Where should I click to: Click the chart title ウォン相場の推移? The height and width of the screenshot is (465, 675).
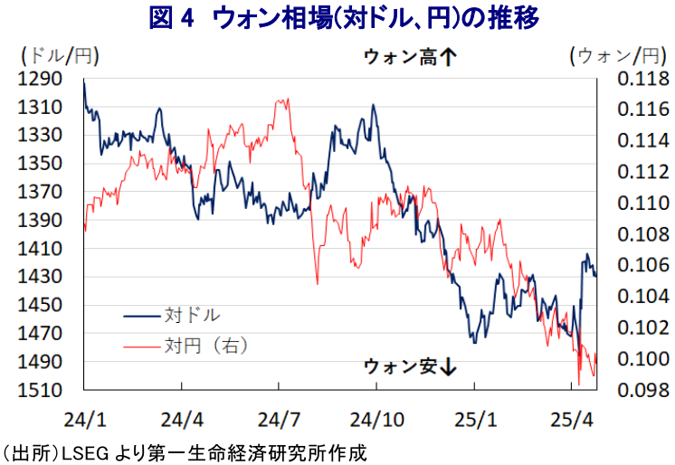click(344, 18)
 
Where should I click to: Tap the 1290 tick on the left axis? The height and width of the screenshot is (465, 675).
click(40, 79)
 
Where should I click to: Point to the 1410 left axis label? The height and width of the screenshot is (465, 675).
click(40, 249)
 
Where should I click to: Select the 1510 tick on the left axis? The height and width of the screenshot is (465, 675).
click(40, 391)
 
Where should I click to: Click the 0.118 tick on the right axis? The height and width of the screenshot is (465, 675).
click(643, 79)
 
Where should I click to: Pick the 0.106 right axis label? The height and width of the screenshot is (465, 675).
click(643, 265)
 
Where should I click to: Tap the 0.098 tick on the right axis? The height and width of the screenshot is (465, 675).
click(643, 390)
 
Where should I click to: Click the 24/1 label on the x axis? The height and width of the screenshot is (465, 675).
click(85, 420)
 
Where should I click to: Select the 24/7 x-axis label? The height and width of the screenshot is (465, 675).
click(279, 420)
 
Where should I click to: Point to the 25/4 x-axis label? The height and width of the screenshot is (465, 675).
click(572, 420)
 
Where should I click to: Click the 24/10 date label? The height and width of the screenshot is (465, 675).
click(377, 420)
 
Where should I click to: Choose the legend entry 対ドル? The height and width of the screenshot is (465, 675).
click(172, 316)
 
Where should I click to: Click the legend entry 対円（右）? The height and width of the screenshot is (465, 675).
click(185, 346)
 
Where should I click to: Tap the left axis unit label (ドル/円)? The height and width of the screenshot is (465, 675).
click(60, 56)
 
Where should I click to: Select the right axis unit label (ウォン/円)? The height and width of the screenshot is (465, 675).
click(619, 56)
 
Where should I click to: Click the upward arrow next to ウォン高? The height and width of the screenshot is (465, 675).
click(448, 57)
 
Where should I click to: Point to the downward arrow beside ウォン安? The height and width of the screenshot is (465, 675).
click(448, 366)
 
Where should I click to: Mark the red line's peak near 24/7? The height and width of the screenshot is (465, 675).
click(288, 99)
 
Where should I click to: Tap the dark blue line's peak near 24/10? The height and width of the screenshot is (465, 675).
click(373, 104)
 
